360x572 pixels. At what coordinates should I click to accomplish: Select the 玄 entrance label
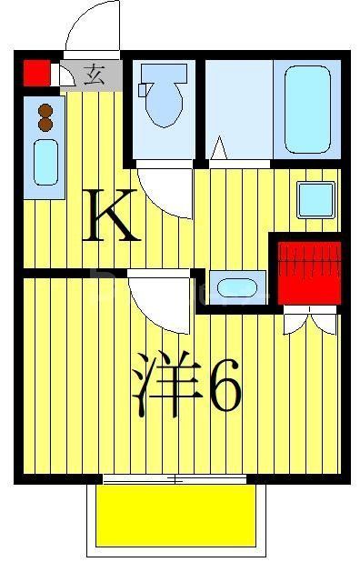(x=95, y=75)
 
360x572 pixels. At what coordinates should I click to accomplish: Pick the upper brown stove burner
(x=45, y=112)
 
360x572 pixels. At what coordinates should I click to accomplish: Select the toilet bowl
(x=165, y=103)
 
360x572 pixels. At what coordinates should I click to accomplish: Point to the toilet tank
(x=145, y=89)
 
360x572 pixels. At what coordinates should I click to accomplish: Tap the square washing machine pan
(x=315, y=199)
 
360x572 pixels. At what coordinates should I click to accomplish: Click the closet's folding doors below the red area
(x=309, y=319)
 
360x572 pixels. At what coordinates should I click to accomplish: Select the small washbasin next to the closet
(x=236, y=287)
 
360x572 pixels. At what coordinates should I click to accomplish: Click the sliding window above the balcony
(x=175, y=478)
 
